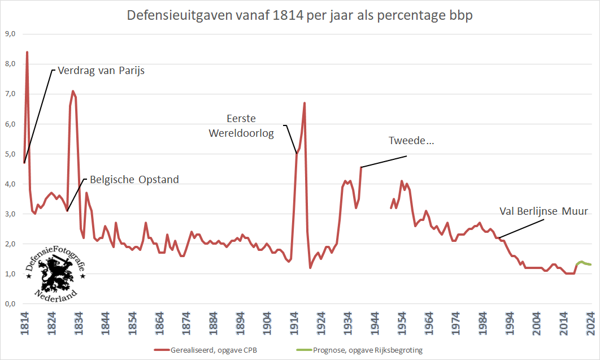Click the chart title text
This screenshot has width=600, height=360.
pyautogui.click(x=300, y=15)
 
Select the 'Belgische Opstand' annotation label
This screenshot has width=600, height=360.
pyautogui.click(x=134, y=180)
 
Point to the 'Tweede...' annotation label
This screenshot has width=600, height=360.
pyautogui.click(x=411, y=141)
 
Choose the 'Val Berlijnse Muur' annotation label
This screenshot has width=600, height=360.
pyautogui.click(x=544, y=211)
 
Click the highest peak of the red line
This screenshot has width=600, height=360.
pyautogui.click(x=27, y=52)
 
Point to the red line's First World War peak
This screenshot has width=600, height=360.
pyautogui.click(x=305, y=103)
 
